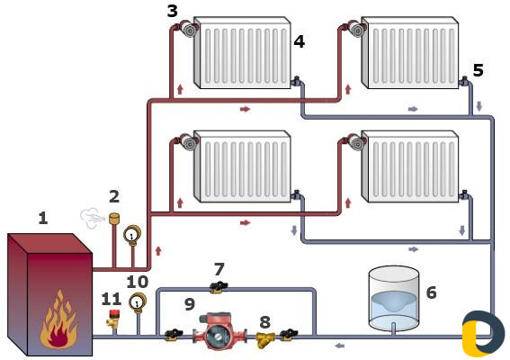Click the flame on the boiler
click(x=58, y=319)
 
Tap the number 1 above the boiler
click(x=43, y=218)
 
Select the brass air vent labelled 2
click(x=114, y=218)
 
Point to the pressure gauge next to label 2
click(x=131, y=234)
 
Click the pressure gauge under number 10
click(x=138, y=302)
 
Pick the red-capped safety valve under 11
click(x=113, y=319)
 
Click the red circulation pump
click(x=219, y=331)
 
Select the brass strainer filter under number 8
click(x=265, y=339)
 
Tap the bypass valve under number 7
click(x=219, y=287)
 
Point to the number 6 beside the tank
click(x=431, y=292)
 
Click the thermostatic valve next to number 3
click(x=188, y=28)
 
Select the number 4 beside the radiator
click(x=300, y=41)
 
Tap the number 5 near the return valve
click(x=478, y=70)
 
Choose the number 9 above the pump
click(x=190, y=304)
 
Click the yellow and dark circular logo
click(x=483, y=333)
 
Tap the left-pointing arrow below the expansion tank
click(x=340, y=346)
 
